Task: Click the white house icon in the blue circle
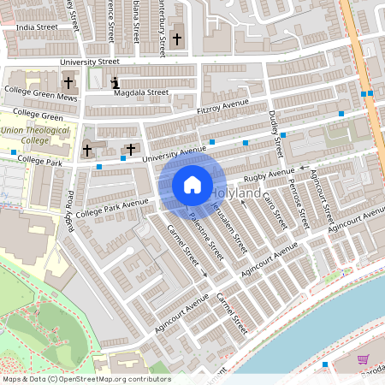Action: [x=192, y=184]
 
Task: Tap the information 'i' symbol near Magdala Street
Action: [x=115, y=84]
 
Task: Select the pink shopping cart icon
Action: [x=363, y=359]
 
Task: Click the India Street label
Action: [x=37, y=27]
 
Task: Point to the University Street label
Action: [x=89, y=62]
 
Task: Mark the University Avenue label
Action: [x=175, y=154]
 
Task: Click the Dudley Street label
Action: [x=275, y=133]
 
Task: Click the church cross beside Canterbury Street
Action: [x=177, y=39]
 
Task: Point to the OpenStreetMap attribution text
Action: [x=86, y=379]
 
